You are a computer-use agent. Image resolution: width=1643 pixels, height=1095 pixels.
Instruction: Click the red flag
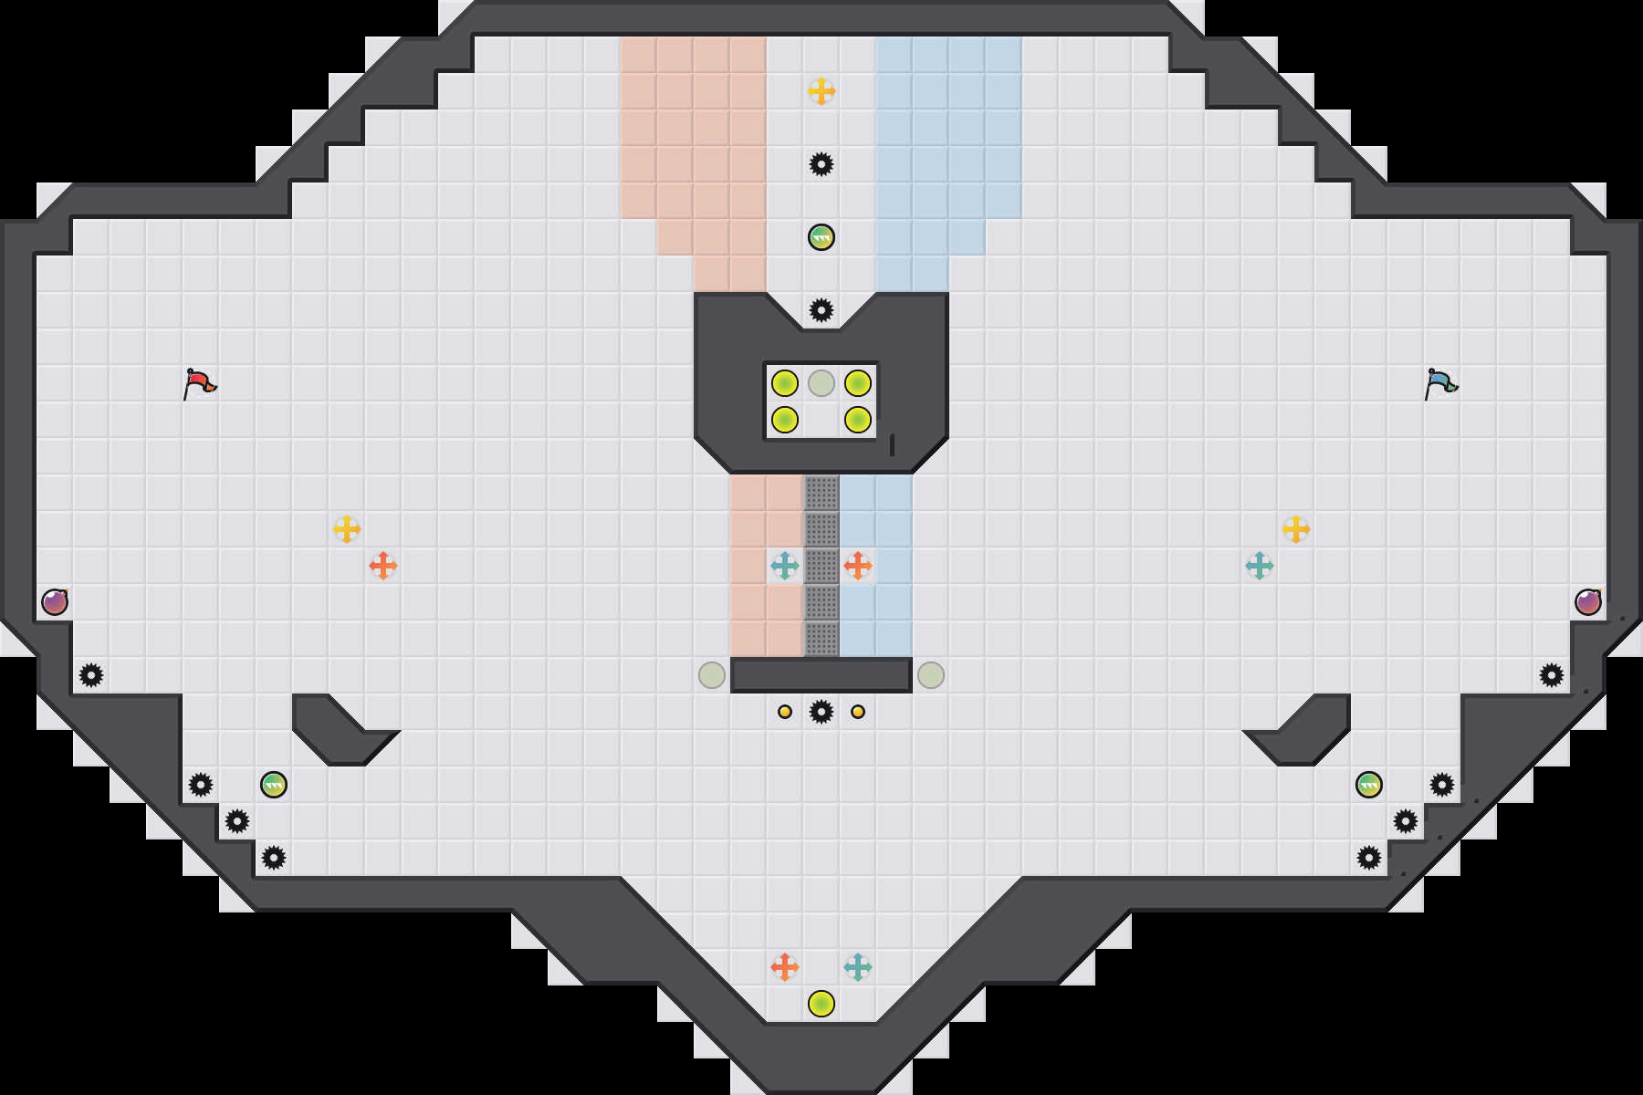coord(199,383)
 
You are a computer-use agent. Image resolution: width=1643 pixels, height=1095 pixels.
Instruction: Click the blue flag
coord(1440,383)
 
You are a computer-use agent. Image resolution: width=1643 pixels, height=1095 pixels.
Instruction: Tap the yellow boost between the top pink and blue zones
coord(821,91)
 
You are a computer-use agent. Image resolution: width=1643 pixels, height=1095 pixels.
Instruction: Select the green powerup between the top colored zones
coord(821,237)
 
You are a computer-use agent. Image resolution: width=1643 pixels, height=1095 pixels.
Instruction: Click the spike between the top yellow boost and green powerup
coord(821,164)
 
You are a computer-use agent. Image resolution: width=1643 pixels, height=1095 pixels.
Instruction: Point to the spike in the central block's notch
coord(821,310)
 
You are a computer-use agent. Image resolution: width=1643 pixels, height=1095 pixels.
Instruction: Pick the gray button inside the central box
coord(821,383)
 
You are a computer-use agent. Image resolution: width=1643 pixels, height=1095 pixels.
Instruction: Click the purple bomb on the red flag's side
coord(55,602)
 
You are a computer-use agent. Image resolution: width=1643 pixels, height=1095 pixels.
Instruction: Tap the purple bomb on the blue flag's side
coord(1588,602)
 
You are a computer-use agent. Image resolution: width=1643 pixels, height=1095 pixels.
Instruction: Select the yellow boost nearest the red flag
coord(347,529)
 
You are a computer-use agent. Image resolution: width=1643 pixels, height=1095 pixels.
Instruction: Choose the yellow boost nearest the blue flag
coord(1296,529)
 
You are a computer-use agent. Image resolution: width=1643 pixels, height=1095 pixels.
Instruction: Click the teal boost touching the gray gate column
coord(785,566)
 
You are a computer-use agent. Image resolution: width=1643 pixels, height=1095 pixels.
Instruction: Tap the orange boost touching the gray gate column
coord(858,566)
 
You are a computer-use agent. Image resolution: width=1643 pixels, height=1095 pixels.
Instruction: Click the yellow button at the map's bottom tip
coord(821,1004)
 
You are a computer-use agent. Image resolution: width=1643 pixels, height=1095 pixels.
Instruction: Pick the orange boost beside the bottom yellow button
coord(785,967)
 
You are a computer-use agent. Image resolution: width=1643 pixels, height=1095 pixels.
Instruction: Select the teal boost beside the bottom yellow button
coord(858,967)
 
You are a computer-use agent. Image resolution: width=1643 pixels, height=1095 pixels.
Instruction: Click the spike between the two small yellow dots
coord(821,712)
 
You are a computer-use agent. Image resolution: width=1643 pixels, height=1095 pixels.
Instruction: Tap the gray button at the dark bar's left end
coord(712,675)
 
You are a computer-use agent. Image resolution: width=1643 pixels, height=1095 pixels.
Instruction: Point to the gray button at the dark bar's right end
coord(931,675)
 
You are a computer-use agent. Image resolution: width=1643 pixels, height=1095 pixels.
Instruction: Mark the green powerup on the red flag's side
coord(274,785)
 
